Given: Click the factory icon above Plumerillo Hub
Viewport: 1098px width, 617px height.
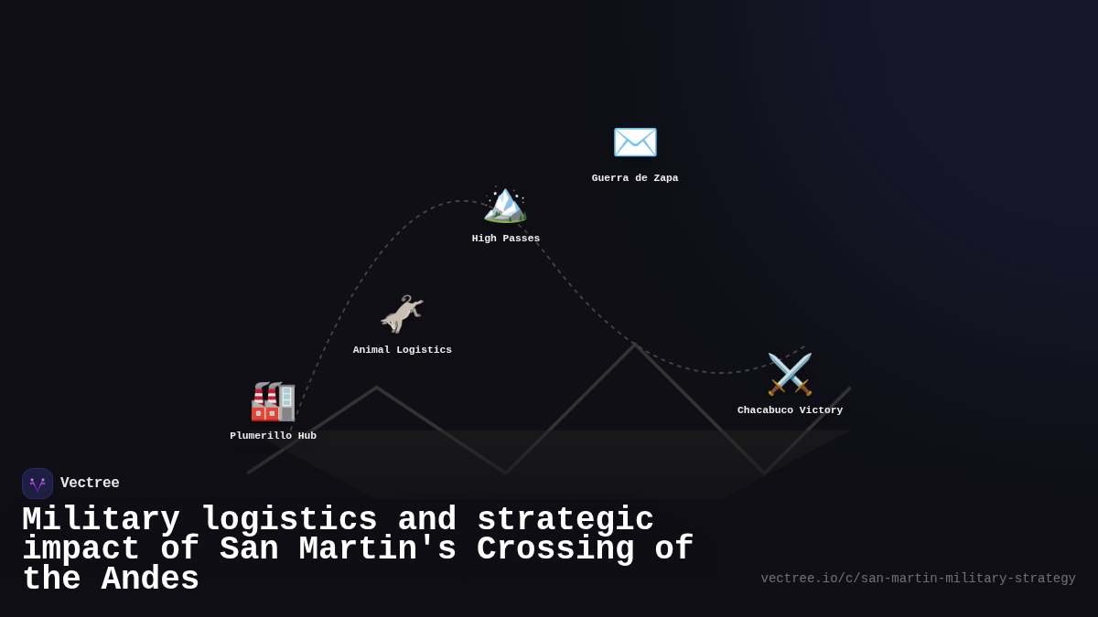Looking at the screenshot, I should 273,401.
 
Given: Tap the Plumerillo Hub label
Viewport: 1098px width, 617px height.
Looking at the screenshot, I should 273,436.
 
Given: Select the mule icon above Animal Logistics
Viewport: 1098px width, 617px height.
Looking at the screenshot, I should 402,314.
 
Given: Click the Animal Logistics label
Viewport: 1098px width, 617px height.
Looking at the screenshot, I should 402,350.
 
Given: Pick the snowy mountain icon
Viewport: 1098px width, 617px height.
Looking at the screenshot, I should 505,202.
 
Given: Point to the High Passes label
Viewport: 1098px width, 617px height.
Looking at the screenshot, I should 505,239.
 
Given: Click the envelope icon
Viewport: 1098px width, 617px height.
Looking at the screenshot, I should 635,142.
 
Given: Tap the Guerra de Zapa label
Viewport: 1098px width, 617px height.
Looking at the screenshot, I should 635,178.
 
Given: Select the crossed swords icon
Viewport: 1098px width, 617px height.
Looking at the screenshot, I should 790,374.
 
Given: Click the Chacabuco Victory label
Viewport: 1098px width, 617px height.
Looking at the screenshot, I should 790,410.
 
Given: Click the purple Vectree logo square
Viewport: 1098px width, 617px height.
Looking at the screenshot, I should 38,484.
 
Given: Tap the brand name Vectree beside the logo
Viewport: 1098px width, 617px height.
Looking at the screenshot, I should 90,484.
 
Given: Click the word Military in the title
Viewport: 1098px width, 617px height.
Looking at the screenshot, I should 101,520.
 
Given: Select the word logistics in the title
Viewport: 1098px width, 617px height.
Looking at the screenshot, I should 289,520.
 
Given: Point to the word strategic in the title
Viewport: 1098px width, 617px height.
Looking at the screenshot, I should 565,520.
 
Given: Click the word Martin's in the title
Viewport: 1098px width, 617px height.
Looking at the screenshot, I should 377,549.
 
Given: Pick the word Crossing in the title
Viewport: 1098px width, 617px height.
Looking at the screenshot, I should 555,549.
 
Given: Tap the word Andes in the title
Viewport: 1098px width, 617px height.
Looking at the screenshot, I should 150,580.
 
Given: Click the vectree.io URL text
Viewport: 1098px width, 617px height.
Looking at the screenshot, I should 918,579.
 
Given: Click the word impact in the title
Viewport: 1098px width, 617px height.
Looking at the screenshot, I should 81,549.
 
